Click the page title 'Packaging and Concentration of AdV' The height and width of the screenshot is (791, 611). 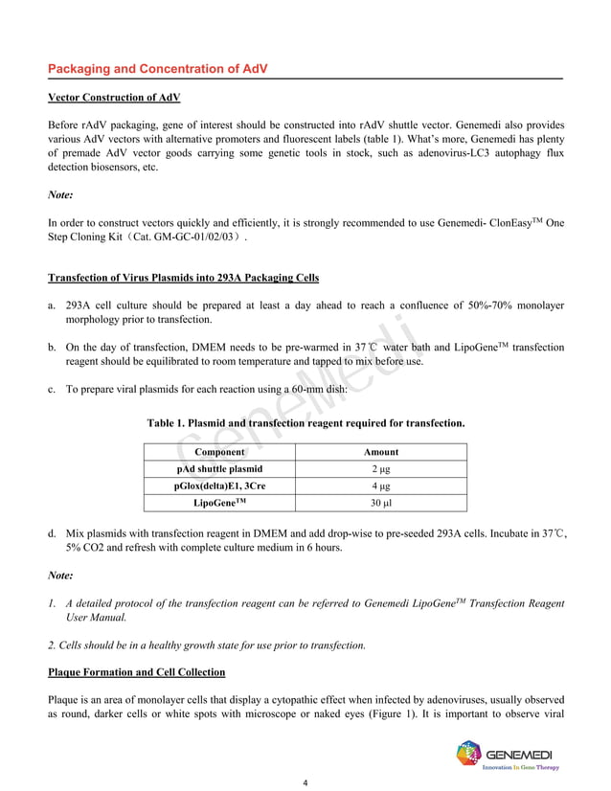click(158, 70)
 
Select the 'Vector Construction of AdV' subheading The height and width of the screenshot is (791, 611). click(114, 99)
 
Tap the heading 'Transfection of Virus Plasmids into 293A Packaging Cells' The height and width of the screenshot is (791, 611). click(183, 279)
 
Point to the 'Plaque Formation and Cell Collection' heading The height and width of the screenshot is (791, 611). click(136, 671)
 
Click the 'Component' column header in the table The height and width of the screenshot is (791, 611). click(218, 452)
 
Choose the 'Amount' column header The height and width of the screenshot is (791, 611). click(381, 452)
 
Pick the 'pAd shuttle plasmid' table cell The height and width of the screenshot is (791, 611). click(219, 469)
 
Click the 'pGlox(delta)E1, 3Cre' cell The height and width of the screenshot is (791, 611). click(219, 486)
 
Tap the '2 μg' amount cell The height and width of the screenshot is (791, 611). click(381, 469)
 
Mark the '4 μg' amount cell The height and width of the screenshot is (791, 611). click(381, 486)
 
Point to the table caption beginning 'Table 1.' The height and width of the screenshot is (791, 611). click(305, 423)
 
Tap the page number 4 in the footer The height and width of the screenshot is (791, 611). click(305, 782)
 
